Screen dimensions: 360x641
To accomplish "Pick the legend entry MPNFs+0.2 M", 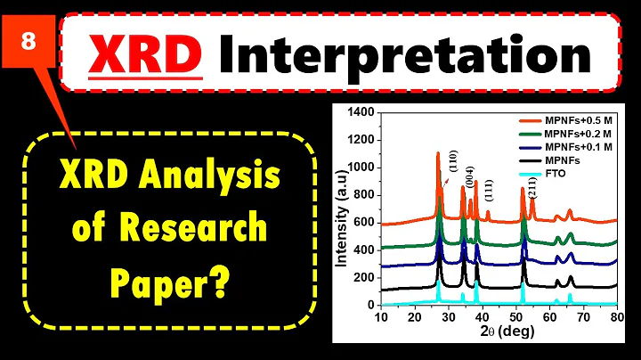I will point(580,132).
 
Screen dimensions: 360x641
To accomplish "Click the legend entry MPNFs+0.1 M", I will point(580,145).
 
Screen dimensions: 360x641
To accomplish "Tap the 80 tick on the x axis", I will point(616,317).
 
